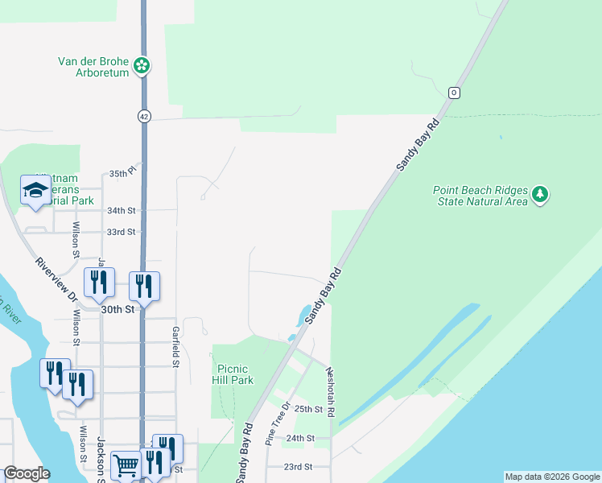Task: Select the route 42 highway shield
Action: pos(143,116)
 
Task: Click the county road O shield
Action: pos(454,93)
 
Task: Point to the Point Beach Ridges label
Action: pos(480,196)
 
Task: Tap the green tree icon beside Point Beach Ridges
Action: pos(540,194)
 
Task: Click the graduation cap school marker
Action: pos(35,191)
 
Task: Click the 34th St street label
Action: pos(122,210)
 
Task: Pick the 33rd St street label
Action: pos(122,232)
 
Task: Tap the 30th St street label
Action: pos(116,308)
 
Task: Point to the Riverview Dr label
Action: pos(56,279)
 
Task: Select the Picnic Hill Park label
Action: pos(234,374)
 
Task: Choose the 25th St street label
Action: pos(308,409)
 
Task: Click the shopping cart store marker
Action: pos(126,464)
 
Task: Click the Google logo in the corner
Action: pos(27,473)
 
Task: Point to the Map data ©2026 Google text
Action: pos(552,477)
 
